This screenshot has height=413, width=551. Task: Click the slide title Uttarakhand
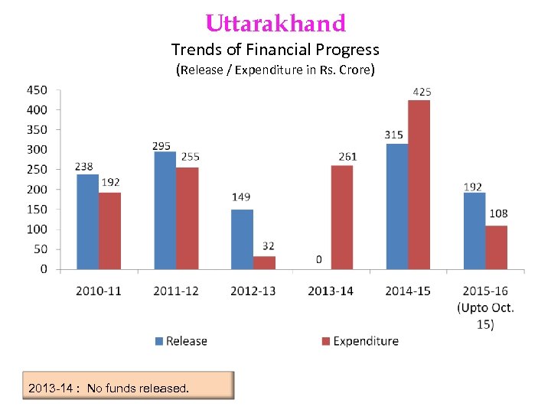click(x=275, y=23)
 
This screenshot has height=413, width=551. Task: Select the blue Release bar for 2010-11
click(x=88, y=222)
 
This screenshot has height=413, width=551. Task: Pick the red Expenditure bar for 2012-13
click(x=264, y=262)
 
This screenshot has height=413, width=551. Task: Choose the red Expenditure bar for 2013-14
click(x=341, y=217)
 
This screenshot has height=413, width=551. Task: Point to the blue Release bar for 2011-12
click(x=165, y=210)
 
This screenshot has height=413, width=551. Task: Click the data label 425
click(x=422, y=92)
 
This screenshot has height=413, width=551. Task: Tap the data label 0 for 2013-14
click(x=318, y=259)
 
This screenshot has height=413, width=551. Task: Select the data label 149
click(x=241, y=197)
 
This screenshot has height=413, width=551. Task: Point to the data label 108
click(x=498, y=213)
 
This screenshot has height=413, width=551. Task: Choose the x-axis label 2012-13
click(x=254, y=291)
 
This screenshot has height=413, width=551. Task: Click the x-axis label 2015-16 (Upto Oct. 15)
click(x=485, y=307)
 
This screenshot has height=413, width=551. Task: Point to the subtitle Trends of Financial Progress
click(x=275, y=50)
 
